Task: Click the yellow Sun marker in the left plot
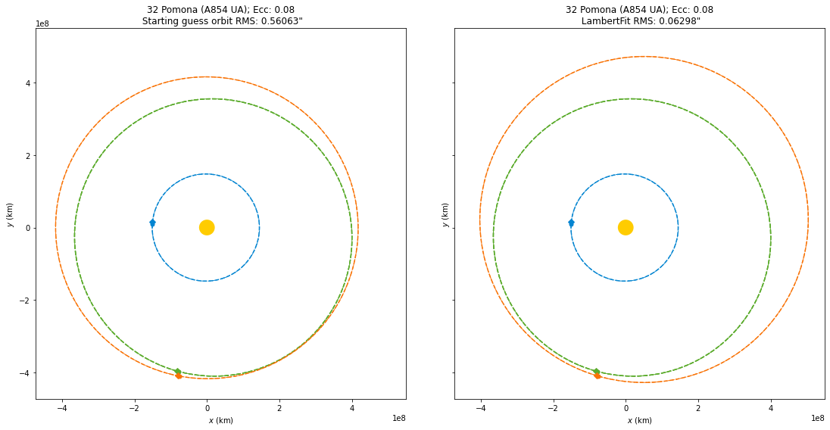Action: [x=207, y=227]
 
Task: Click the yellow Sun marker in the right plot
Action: [x=626, y=227]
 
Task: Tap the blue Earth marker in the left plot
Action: [x=152, y=223]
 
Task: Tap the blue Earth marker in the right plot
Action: [x=571, y=223]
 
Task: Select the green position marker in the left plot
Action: [x=178, y=371]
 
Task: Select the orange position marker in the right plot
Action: [x=598, y=375]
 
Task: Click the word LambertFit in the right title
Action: [x=607, y=21]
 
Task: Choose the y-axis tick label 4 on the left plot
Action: [x=28, y=83]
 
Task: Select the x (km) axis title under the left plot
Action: [x=220, y=420]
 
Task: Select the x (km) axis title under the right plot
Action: [x=639, y=420]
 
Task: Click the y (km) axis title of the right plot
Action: [x=445, y=214]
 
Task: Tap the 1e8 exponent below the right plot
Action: [x=816, y=418]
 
